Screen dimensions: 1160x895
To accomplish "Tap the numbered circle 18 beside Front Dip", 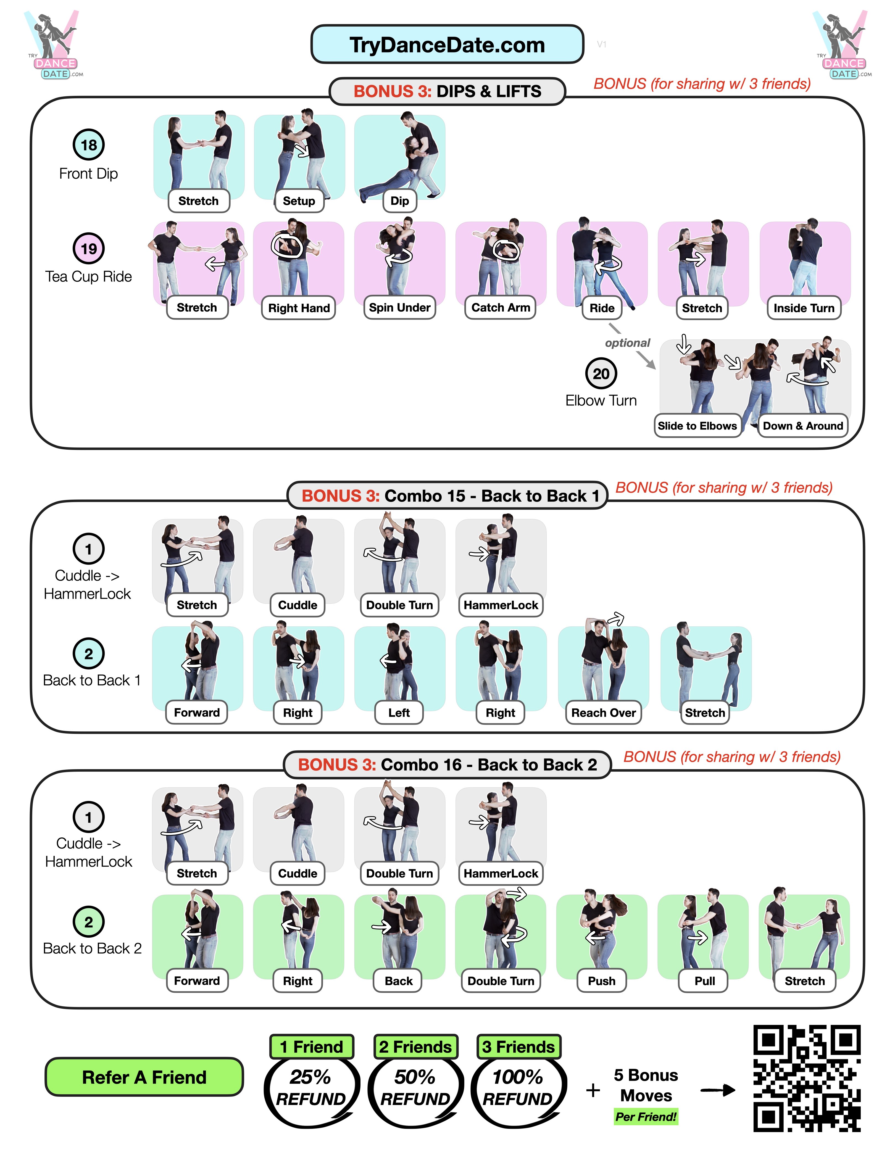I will pos(89,144).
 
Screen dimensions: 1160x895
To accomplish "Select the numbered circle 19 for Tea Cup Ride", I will pos(89,248).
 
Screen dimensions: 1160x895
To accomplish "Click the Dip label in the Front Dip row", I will pos(399,201).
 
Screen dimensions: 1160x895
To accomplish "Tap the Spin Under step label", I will pos(399,307).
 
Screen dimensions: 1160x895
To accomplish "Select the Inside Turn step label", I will pos(804,308).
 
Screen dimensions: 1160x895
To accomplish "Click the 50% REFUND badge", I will pos(415,1087).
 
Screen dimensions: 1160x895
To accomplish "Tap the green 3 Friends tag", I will pos(518,1046).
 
